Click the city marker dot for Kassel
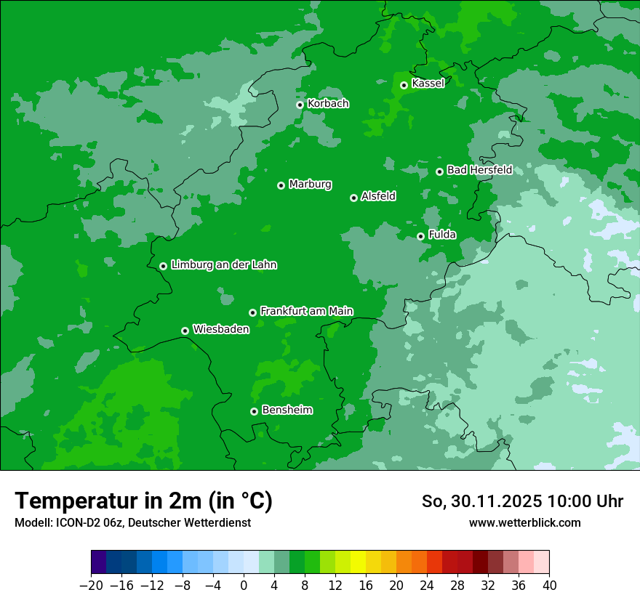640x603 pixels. (404, 85)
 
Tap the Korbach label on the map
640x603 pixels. (328, 104)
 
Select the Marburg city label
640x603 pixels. (310, 185)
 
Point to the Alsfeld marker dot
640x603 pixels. (353, 198)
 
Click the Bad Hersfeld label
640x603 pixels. (479, 170)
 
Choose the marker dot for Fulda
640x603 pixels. (420, 236)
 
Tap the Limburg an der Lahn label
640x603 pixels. (223, 265)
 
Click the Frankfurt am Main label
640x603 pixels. (306, 311)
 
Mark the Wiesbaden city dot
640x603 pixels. (185, 331)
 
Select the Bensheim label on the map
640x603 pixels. (287, 410)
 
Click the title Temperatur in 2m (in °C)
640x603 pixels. (143, 501)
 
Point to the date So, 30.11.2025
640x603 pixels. (479, 501)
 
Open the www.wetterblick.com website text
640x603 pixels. (524, 522)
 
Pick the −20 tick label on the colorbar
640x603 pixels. (91, 586)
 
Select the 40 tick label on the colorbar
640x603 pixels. (549, 586)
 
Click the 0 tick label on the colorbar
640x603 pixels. (244, 586)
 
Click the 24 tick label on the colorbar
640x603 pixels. (427, 586)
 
